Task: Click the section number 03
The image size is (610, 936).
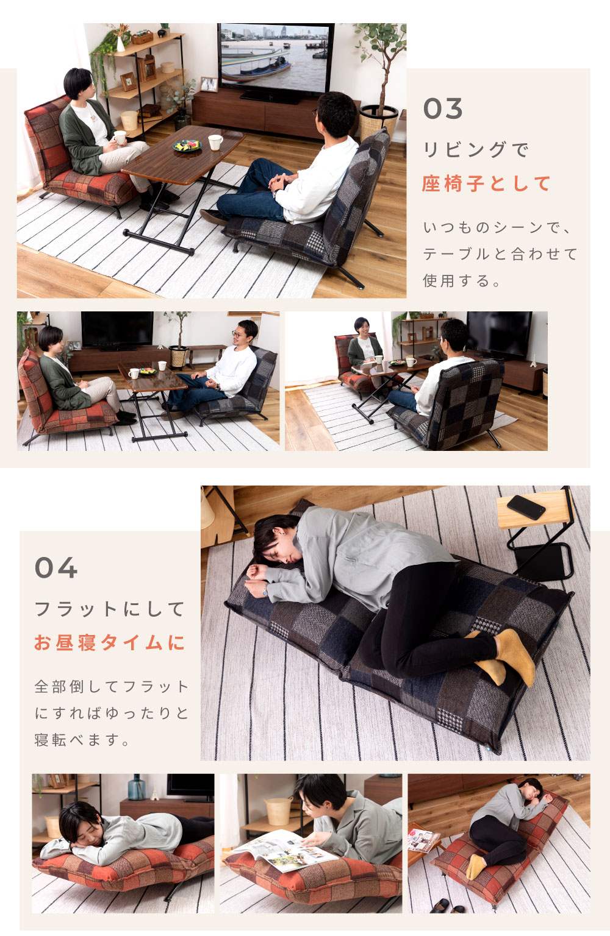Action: [x=442, y=108]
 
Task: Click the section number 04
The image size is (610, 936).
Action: [x=56, y=567]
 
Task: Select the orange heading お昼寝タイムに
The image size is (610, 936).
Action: [x=109, y=642]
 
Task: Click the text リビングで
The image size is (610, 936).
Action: [x=476, y=149]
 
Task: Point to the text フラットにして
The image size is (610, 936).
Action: [x=109, y=609]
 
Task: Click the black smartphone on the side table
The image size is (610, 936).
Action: [x=526, y=507]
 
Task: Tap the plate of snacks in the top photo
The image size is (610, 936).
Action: [x=187, y=146]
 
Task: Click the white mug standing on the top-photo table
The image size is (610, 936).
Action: [x=215, y=142]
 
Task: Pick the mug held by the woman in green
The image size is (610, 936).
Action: [x=120, y=137]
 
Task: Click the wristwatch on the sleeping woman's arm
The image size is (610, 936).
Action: [x=265, y=590]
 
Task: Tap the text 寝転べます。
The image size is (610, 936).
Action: [x=82, y=740]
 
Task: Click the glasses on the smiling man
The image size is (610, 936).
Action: [x=238, y=333]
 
